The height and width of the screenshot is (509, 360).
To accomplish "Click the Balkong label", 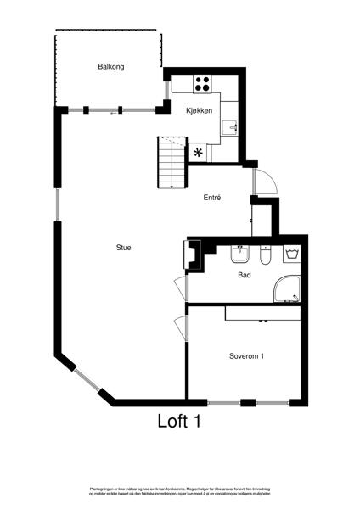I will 111,67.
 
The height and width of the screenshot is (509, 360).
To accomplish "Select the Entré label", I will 212,198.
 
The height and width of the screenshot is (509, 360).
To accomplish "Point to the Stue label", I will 124,248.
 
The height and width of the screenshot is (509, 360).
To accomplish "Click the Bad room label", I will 245,275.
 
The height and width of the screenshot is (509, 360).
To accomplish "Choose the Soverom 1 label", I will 246,356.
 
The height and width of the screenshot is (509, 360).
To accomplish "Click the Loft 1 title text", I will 179,420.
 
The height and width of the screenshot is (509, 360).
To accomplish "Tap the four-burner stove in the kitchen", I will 203,83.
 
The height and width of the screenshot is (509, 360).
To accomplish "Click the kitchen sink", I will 230,128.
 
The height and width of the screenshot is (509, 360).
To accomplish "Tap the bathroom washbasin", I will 240,253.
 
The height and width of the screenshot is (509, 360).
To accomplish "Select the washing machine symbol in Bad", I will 292,254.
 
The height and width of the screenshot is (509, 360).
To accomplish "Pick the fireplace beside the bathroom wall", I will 193,255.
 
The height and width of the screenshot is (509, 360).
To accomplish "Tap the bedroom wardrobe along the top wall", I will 262,313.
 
